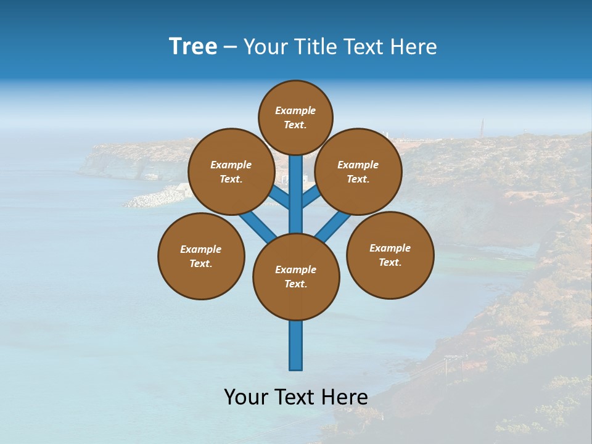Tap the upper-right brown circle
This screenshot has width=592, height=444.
click(358, 171)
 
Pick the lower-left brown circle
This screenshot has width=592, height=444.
click(201, 256)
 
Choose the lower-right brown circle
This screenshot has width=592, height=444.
click(390, 255)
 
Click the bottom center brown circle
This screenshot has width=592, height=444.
click(296, 277)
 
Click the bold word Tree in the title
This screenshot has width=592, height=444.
click(193, 46)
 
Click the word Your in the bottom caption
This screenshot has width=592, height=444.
click(246, 397)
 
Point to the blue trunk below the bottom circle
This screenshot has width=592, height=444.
click(296, 345)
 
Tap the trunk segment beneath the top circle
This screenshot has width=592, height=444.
click(296, 185)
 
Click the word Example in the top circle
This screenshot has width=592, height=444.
click(295, 110)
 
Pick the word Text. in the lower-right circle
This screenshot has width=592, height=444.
click(390, 262)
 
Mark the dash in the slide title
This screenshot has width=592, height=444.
click(230, 47)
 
